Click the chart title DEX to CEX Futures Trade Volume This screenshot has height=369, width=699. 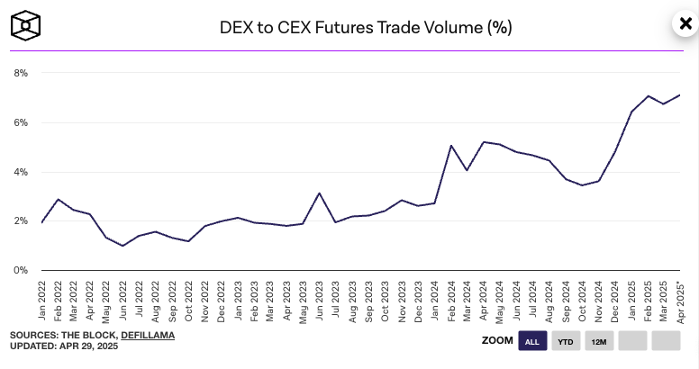366,27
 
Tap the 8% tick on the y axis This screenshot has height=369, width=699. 20,73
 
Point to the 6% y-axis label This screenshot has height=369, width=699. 20,122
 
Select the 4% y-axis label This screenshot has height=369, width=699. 20,172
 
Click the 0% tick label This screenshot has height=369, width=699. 20,270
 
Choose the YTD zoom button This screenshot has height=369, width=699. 566,341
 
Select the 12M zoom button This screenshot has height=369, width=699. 598,341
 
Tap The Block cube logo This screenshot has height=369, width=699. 27,26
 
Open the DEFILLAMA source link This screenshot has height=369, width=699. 147,335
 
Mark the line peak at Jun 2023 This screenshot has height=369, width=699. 319,193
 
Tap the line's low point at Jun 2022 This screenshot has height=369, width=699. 123,246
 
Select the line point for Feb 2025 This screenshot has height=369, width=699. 647,95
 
